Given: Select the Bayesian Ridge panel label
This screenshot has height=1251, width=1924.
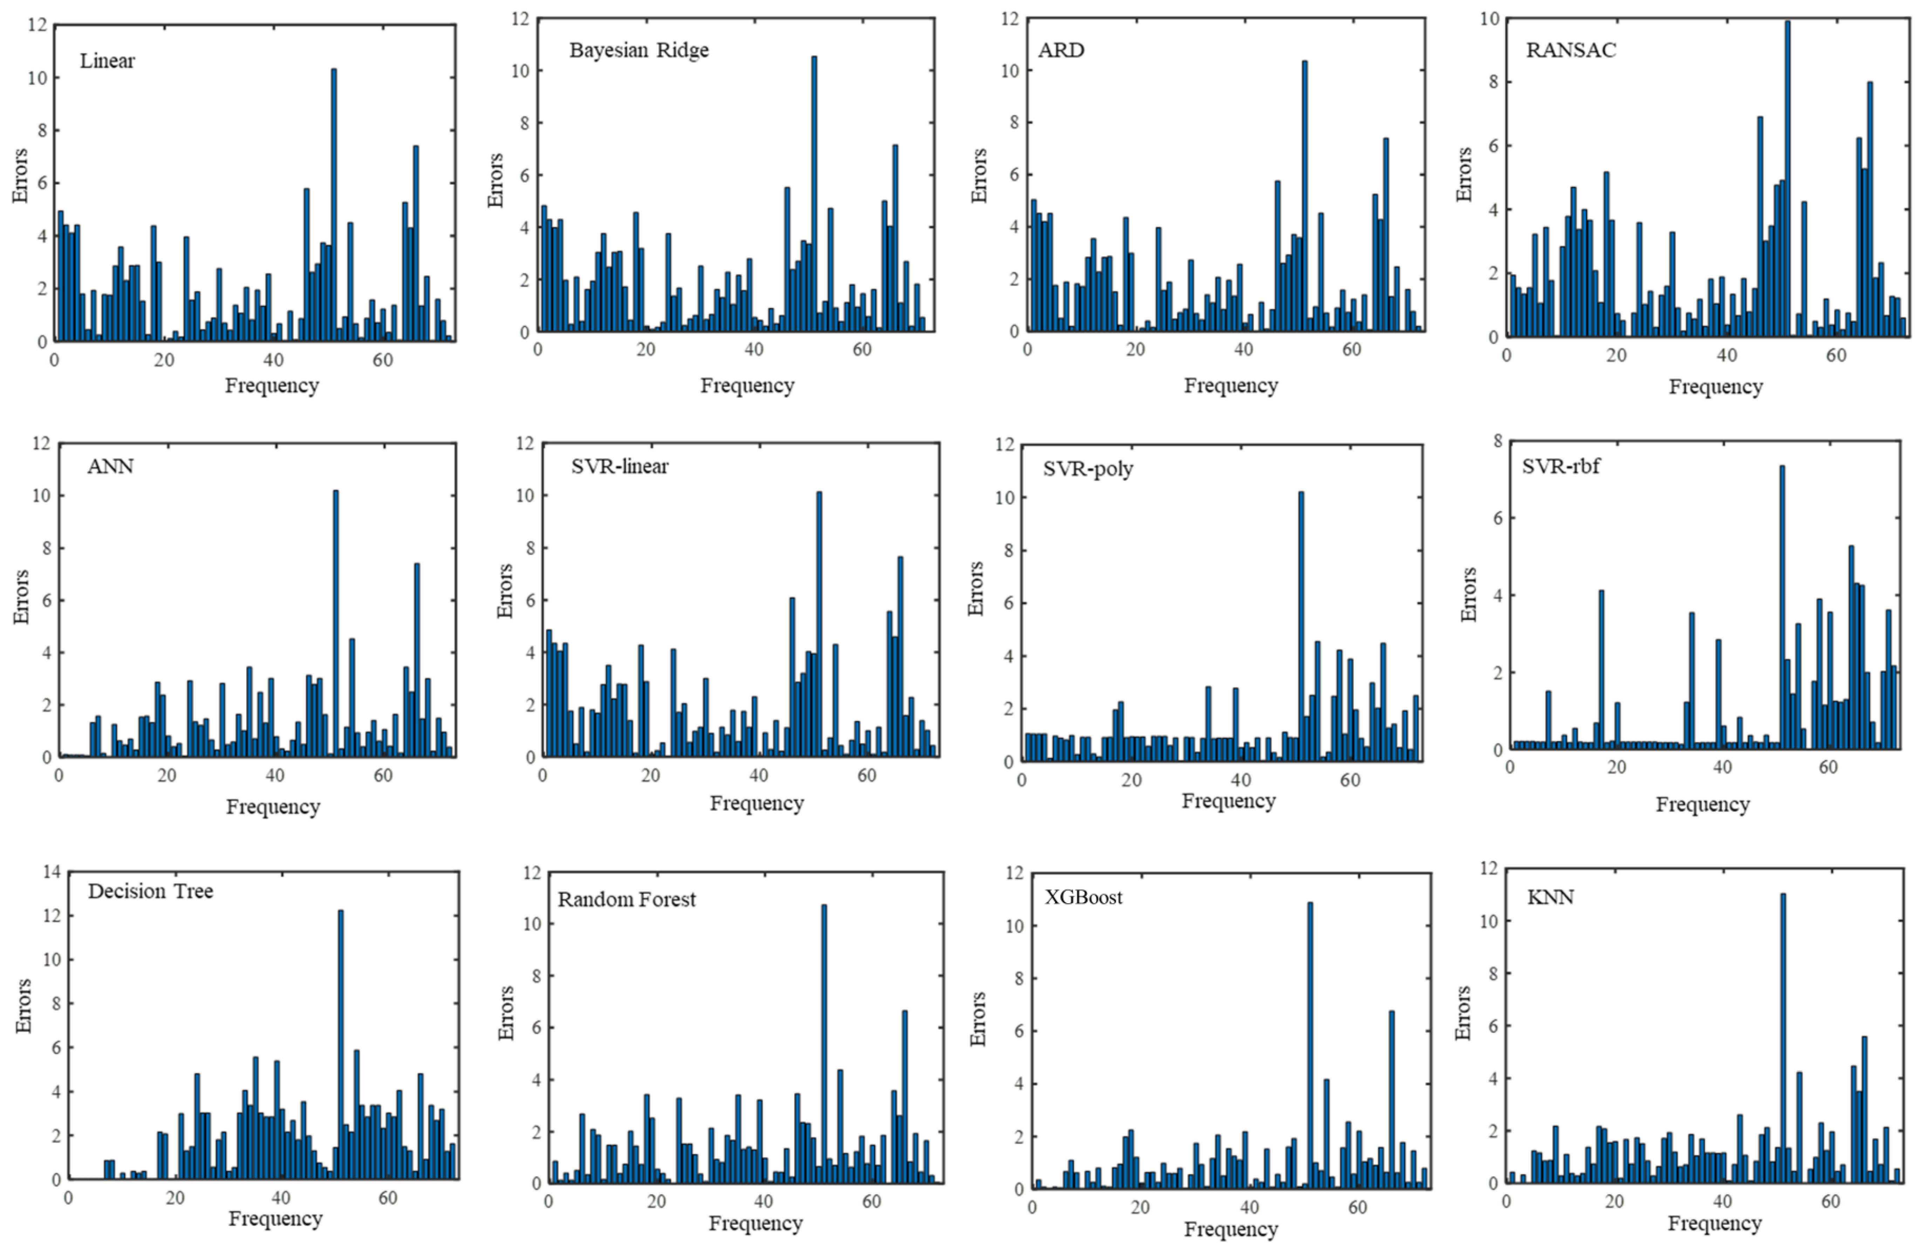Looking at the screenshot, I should [x=639, y=50].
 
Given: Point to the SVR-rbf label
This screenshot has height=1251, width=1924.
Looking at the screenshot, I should [x=1560, y=467].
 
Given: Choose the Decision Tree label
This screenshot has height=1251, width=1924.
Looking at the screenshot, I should [x=150, y=891].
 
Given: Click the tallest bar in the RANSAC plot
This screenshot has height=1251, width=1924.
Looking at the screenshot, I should [x=1787, y=178].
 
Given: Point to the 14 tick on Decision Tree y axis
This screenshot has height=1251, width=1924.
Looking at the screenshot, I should [x=52, y=872].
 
